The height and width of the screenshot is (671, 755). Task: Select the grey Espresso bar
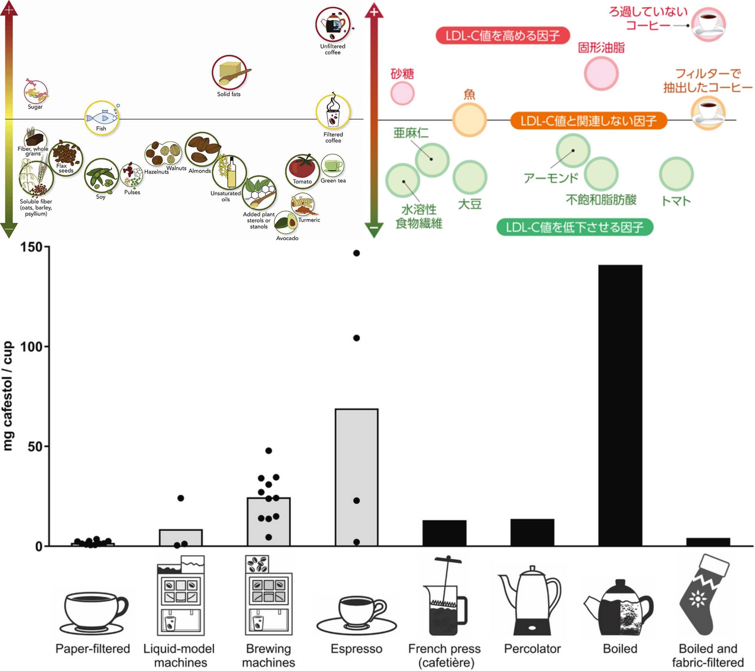pos(356,477)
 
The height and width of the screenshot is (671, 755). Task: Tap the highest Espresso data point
pos(356,253)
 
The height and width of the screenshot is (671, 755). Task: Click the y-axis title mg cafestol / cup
pos(8,395)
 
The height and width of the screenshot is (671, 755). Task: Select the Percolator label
pos(532,649)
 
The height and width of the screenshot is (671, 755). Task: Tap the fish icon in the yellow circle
pos(102,118)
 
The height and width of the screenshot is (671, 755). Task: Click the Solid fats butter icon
pos(229,72)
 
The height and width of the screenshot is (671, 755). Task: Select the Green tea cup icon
pos(332,166)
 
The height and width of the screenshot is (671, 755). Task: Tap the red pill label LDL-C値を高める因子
pos(502,36)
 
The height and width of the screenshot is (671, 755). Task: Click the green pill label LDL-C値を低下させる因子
pos(574,227)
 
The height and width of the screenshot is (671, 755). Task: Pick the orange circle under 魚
pos(469,120)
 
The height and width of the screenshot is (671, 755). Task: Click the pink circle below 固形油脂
pos(601,73)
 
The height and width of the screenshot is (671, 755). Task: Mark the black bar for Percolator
pos(532,532)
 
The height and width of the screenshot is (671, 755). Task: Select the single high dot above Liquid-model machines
pos(181,498)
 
